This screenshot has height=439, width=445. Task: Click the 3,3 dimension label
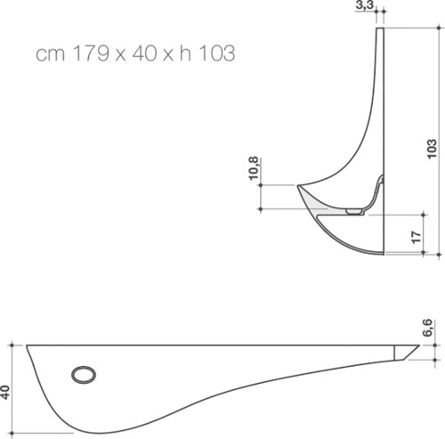(x=365, y=5)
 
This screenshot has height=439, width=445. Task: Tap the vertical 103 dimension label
(x=432, y=149)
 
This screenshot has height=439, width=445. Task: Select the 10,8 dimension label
(x=254, y=168)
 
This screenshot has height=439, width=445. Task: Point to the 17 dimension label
(x=417, y=237)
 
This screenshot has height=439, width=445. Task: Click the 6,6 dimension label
(x=427, y=328)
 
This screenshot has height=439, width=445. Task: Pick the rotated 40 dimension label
(x=5, y=393)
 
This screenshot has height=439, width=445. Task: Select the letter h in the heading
(x=185, y=53)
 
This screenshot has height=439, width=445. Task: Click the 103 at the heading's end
(x=216, y=53)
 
